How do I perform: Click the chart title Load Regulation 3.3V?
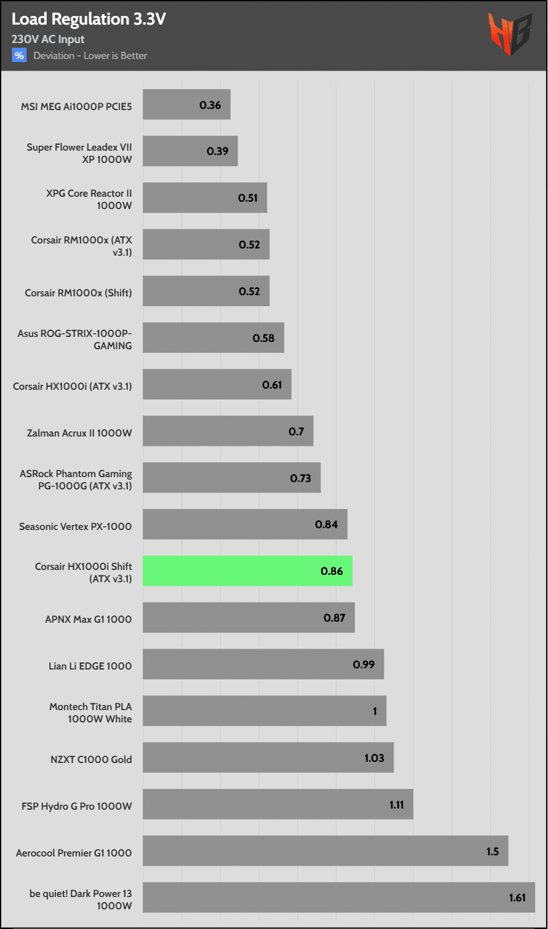pos(89,19)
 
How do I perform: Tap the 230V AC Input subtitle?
pos(48,39)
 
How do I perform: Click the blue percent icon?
pos(20,55)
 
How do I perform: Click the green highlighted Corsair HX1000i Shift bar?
pos(247,571)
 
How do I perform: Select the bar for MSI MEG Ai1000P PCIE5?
pos(186,105)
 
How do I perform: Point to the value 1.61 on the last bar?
pos(517,898)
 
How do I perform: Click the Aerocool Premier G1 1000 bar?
pos(325,851)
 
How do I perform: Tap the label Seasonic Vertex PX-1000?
pos(75,526)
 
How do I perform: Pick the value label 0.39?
pos(217,151)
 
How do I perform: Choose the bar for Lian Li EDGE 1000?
pos(263,665)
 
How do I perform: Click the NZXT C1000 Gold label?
pos(91,759)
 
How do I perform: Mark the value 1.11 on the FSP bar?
pos(397,804)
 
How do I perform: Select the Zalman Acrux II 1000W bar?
pos(228,431)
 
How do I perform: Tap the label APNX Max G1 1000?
pos(88,619)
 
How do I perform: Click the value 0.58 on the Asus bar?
pos(263,338)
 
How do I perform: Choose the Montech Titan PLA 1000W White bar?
pos(264,711)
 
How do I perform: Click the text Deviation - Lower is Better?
pos(90,56)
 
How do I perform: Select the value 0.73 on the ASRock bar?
pos(301,478)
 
